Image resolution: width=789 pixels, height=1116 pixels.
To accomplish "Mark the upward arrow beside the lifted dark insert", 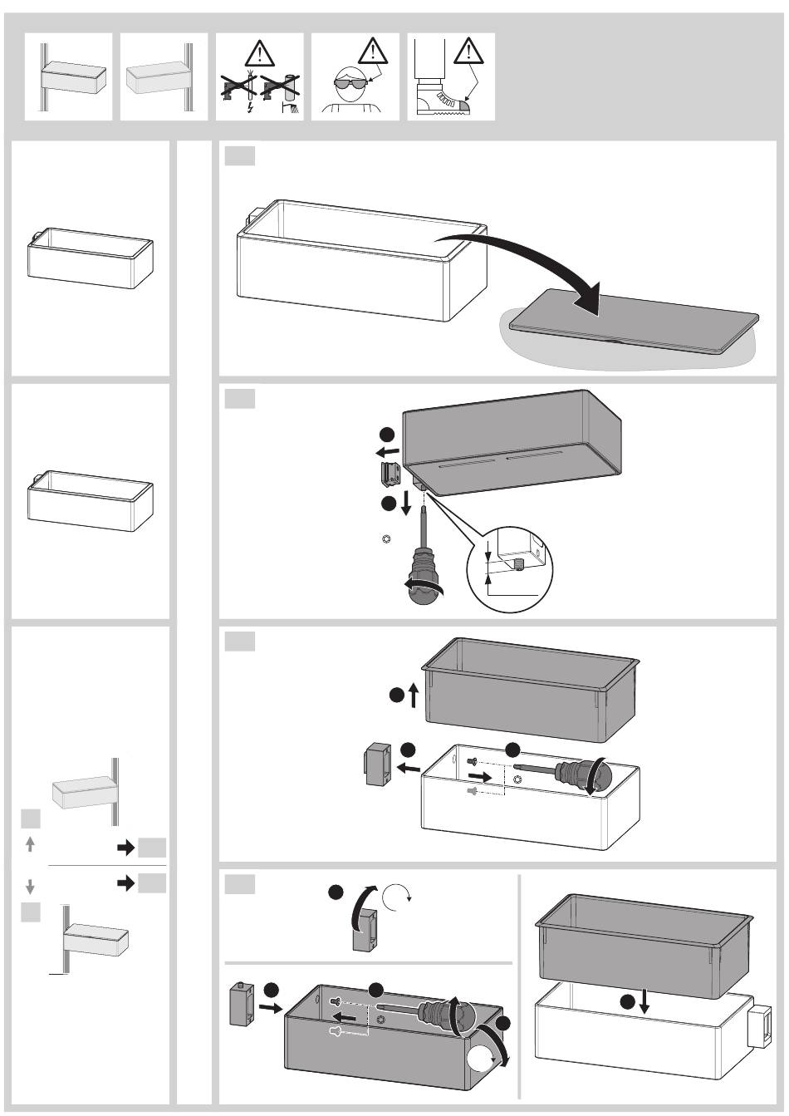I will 414,696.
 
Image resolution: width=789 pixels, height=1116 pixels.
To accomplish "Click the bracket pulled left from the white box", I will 378,762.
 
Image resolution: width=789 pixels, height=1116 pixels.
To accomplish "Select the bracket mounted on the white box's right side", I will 761,1027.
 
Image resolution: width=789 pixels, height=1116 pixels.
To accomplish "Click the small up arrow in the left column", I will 31,844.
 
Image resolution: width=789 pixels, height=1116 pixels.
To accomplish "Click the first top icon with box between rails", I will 68,77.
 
